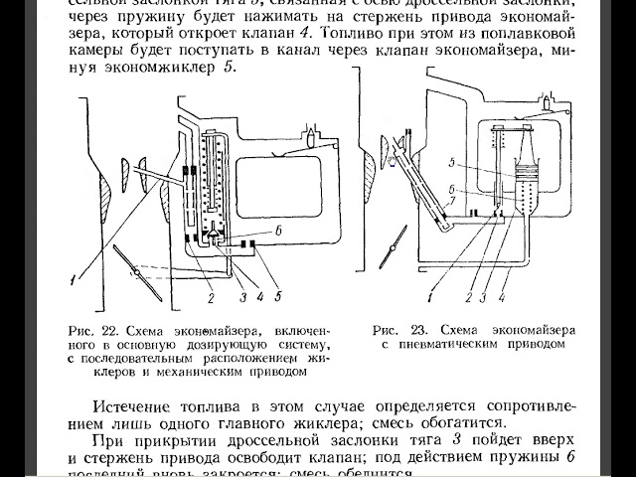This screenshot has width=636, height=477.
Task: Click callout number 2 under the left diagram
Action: tap(210, 295)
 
